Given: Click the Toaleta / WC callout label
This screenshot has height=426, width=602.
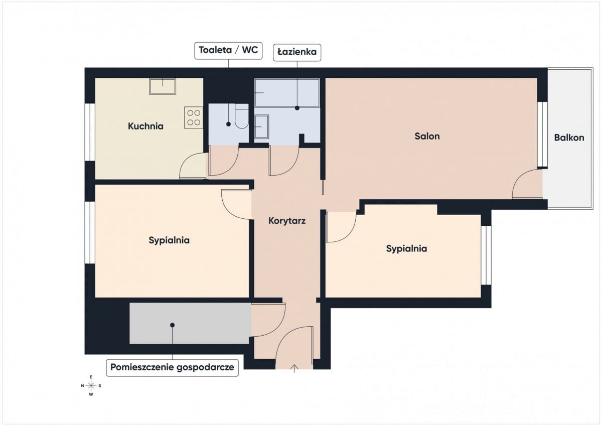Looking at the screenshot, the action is pos(228,51).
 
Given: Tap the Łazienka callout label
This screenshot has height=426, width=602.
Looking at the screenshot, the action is pos(297,52).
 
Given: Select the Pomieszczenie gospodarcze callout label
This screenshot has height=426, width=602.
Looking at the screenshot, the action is pos(172,368).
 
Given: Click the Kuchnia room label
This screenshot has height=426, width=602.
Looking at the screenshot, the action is pos(145,126).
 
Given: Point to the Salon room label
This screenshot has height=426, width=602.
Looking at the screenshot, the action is pos(427,136).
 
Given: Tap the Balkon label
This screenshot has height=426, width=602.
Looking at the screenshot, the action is pos(569,137).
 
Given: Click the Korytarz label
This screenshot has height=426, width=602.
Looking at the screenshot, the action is pos(287,221).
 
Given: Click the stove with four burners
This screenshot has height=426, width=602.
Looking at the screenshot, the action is pos(194,117).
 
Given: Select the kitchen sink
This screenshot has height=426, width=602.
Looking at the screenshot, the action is pos(163,86).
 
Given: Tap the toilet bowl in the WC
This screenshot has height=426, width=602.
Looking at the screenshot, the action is pos(242,116).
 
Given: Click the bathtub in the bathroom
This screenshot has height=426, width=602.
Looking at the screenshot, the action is pos(287,92).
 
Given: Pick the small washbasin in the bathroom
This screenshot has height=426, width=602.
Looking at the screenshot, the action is pos(261,126).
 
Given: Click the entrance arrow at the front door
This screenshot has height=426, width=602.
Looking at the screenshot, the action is pos(294,368).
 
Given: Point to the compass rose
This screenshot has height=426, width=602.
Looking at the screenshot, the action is pos(91,386).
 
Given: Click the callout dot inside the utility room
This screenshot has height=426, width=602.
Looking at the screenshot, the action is pos(172,325).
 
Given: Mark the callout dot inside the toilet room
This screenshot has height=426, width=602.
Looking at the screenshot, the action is pos(228,124).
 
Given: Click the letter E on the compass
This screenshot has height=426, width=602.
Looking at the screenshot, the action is pos(91,377).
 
